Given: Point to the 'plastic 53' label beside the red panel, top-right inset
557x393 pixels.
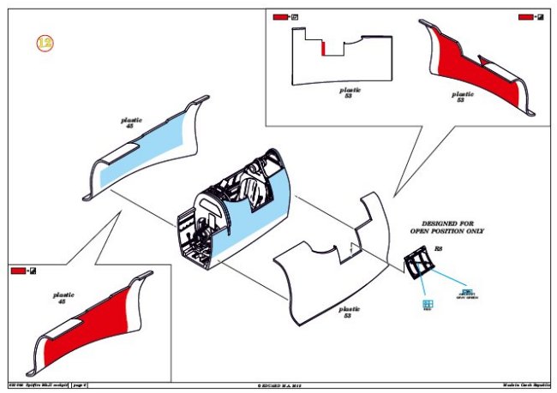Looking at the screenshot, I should click(463, 98).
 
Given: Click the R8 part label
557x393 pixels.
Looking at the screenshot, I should click(439, 248).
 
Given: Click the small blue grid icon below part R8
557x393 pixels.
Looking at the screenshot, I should click(427, 303).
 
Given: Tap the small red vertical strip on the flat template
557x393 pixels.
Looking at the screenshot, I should click(323, 48).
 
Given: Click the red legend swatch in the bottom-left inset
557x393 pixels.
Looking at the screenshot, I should click(18, 271).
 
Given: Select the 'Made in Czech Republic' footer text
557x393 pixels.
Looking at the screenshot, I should click(525, 386).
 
